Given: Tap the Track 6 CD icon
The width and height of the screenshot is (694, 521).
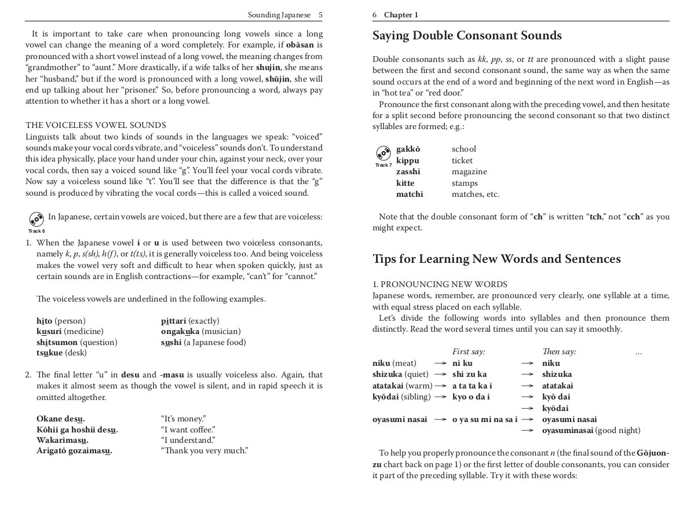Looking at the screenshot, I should coord(36,219).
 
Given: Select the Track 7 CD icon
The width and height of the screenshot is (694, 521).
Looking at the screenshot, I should coord(383,153).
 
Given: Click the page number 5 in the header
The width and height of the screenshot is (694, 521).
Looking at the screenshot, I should coord(320,14).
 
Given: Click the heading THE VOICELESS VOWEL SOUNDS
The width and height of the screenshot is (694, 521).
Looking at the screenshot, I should coord(96,125).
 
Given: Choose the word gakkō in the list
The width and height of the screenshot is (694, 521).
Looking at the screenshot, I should coord(407,149).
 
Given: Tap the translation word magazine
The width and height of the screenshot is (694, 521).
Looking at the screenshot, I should coord(469,172).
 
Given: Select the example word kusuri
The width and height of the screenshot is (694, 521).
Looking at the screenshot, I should coord(50,332).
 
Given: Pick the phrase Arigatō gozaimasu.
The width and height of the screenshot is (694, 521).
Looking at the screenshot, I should coord(74,450).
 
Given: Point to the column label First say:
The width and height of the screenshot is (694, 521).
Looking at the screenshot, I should coord(468,352).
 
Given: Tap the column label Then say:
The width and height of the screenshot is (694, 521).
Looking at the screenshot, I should coord(558,352).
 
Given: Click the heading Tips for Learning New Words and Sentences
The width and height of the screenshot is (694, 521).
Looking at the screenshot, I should coord(496,259).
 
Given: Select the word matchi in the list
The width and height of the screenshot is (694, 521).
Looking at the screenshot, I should coord(409,195).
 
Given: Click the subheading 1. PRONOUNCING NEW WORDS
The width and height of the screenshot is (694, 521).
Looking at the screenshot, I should coord(440,284).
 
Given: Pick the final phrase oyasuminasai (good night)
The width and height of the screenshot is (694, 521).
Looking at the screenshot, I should coord(591,431).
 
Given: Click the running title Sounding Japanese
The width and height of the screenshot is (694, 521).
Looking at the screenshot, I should coord(279,14).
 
